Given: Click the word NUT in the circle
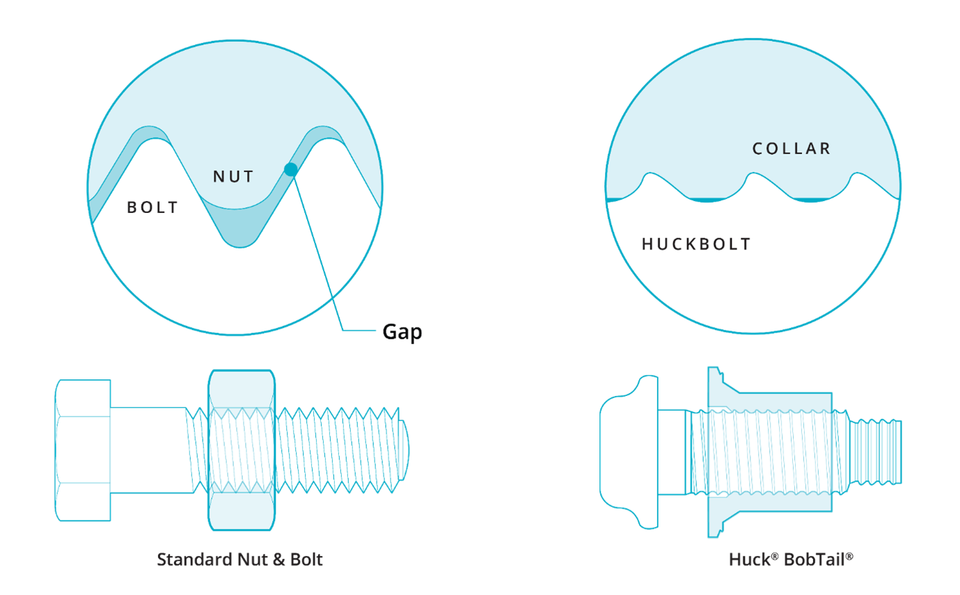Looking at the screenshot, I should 233,177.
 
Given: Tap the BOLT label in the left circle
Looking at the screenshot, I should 152,207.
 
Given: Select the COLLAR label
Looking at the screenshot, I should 792,148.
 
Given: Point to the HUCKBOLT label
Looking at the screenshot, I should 696,244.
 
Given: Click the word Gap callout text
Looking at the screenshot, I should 402,332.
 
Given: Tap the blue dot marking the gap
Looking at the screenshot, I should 291,169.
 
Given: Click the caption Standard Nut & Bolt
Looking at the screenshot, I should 239,560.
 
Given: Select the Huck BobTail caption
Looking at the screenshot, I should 791,560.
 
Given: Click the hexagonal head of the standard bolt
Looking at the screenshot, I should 83,450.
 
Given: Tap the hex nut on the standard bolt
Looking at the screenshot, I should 241,450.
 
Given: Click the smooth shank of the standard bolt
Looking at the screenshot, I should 148,450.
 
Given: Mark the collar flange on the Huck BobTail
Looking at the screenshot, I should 714,450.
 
